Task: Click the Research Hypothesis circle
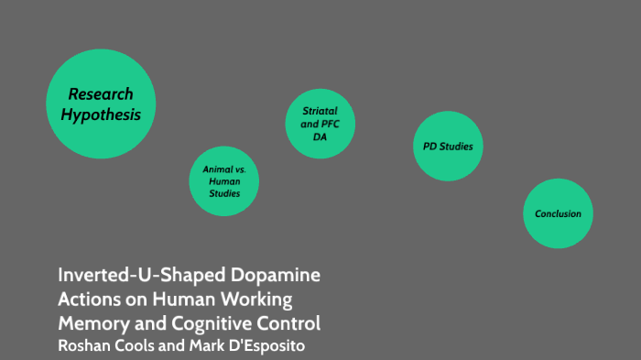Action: coord(101,104)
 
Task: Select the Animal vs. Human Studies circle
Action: coord(224,181)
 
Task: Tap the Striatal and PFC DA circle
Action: coord(320,124)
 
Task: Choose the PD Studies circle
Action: coord(447,147)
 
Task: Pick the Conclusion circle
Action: coord(558,213)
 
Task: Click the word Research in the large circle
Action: coord(101,93)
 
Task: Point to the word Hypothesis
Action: coord(101,115)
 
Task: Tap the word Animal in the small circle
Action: coord(218,169)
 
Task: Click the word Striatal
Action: coord(320,111)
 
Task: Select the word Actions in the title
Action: coord(87,300)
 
